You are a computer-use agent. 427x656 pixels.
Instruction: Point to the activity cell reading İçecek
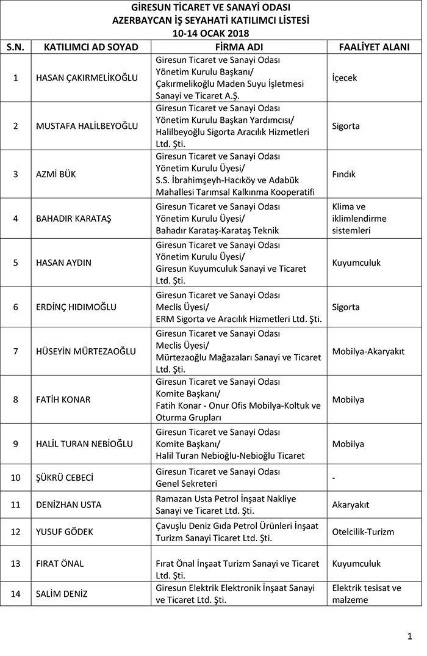point(345,78)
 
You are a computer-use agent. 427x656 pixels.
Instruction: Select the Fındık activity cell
point(344,174)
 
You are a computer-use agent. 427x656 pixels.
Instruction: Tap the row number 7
point(16,351)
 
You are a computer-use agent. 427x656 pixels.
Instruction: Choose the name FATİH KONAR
point(63,399)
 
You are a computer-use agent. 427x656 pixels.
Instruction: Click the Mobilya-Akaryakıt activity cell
point(368,351)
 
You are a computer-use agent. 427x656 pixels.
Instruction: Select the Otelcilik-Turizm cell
point(364,531)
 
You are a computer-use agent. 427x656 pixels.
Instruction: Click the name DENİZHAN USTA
point(69,505)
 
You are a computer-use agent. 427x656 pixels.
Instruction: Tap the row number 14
point(16,593)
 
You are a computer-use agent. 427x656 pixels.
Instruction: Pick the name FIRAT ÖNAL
point(60,563)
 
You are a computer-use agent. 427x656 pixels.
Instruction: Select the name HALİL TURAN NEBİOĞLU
point(84,443)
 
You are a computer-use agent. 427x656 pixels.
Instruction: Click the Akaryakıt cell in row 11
point(351,505)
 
